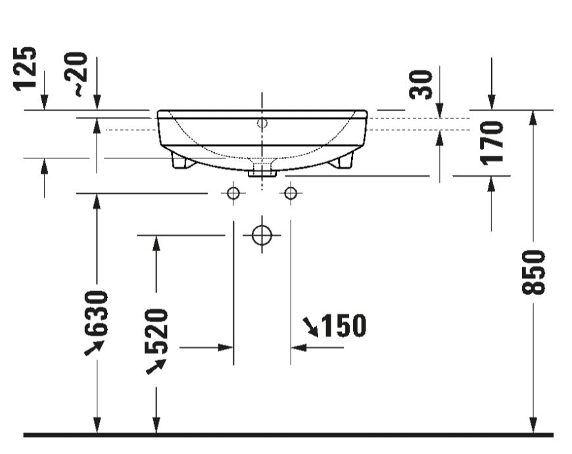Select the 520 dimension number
click(x=156, y=331)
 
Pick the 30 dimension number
click(x=421, y=84)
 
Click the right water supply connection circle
click(x=291, y=193)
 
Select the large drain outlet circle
click(x=262, y=235)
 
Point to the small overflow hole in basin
click(x=262, y=123)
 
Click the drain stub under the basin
click(x=262, y=170)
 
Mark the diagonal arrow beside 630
click(x=93, y=348)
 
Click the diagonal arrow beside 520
click(x=155, y=365)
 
